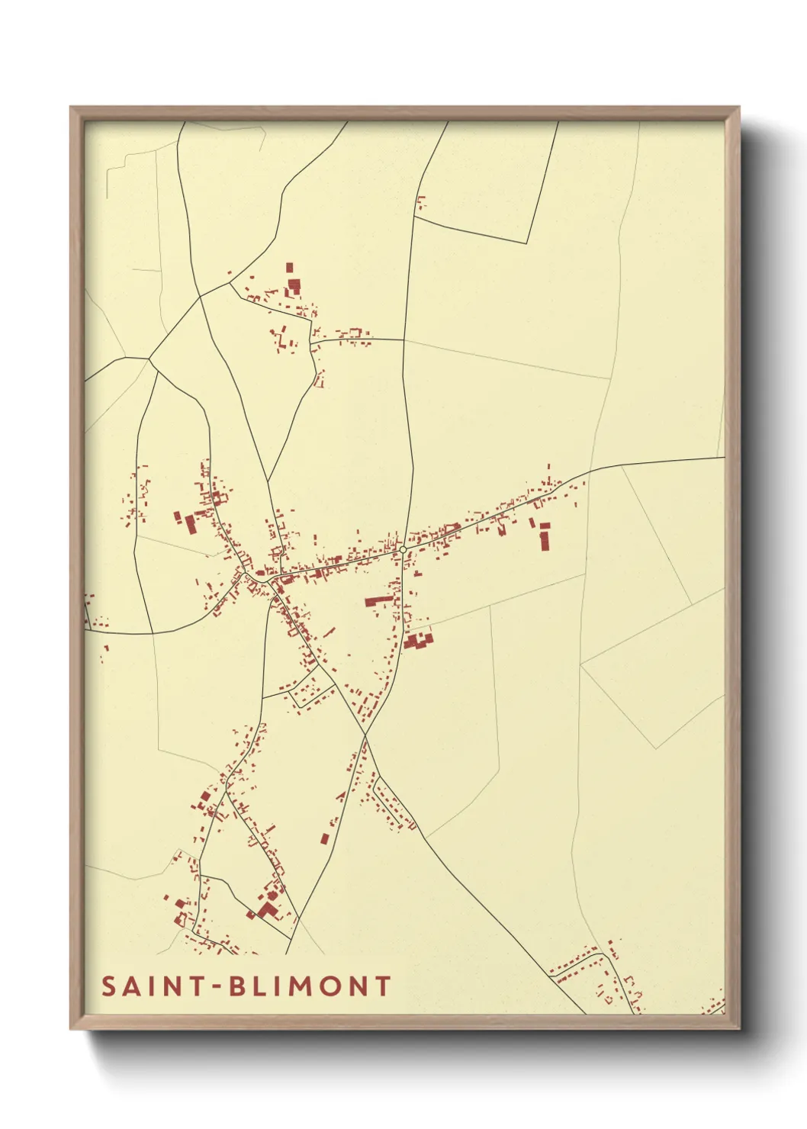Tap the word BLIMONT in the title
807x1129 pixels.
click(x=310, y=986)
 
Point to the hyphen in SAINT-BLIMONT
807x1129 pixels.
click(x=217, y=986)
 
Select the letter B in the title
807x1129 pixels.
click(x=237, y=986)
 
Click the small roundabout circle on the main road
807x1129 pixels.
click(x=403, y=549)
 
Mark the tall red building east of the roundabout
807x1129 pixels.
click(x=545, y=536)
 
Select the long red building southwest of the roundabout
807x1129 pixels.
click(x=379, y=601)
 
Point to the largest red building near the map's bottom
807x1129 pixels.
click(x=267, y=909)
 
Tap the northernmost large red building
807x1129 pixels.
click(x=293, y=284)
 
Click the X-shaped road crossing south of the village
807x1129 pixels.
click(x=365, y=736)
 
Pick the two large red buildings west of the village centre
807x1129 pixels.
click(x=185, y=521)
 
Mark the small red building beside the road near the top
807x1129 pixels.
click(x=420, y=203)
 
